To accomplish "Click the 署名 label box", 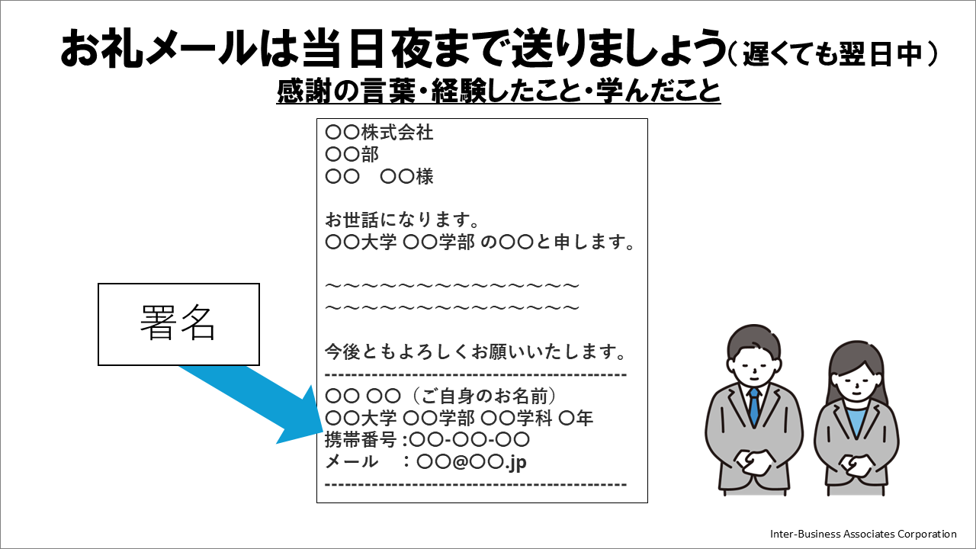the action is point(178,324).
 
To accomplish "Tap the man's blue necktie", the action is point(754,408).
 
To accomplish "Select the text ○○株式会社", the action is point(379,133).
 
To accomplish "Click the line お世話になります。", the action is point(402,220).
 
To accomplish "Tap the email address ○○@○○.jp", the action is point(471,462).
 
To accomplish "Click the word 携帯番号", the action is point(361,440).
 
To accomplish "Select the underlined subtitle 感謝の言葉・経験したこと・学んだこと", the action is point(499,91).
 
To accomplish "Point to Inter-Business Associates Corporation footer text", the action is point(863,534).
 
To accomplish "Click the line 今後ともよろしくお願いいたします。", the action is point(476,352).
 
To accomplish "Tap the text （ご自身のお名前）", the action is point(483,396).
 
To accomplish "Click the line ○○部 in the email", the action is point(352,154).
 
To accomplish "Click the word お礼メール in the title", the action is point(158,48).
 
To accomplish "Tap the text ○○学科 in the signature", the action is point(516,419).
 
